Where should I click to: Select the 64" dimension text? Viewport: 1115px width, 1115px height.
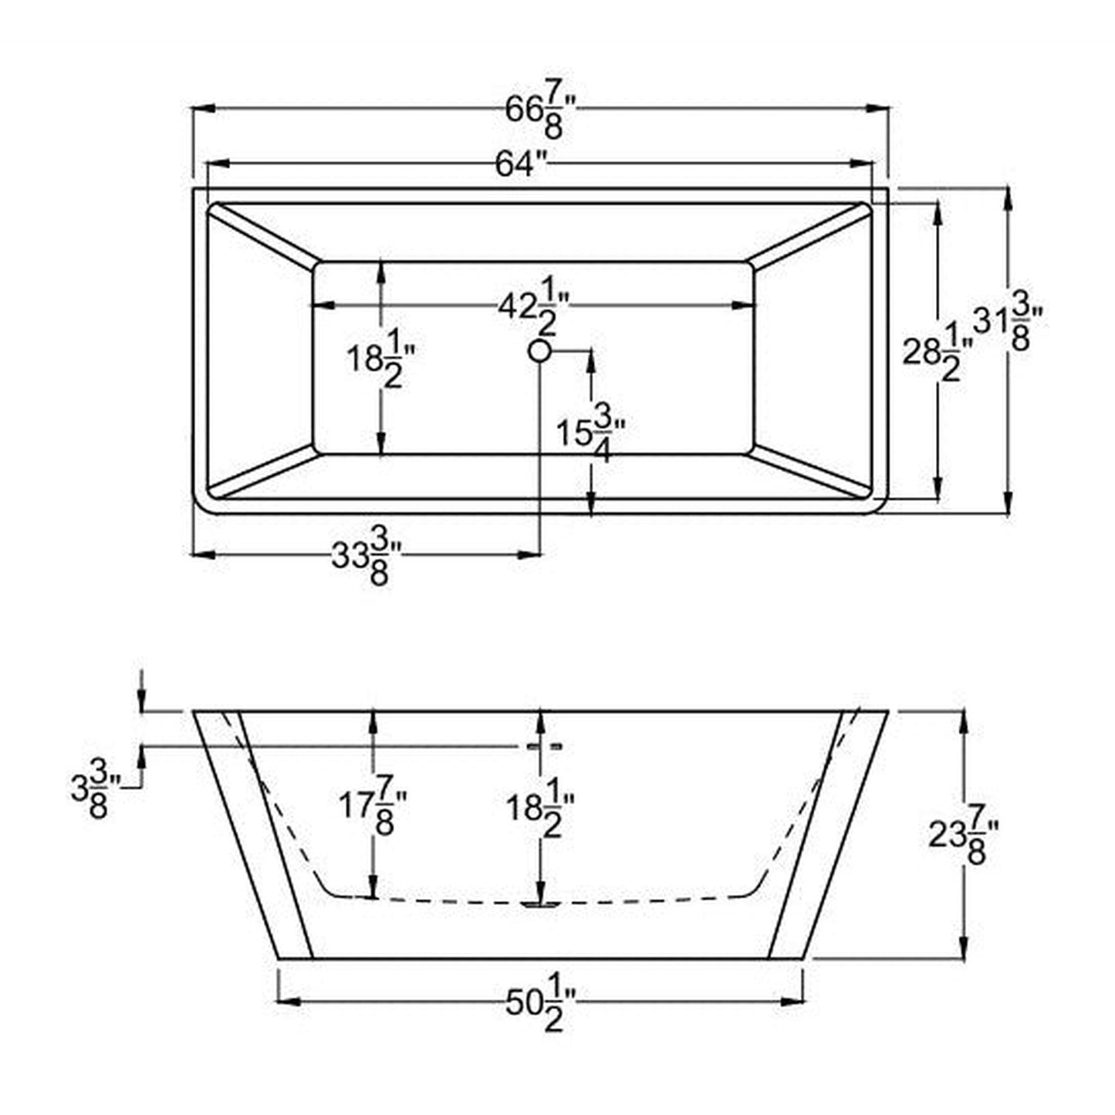tap(522, 164)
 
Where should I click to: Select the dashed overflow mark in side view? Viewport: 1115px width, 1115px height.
tap(544, 746)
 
